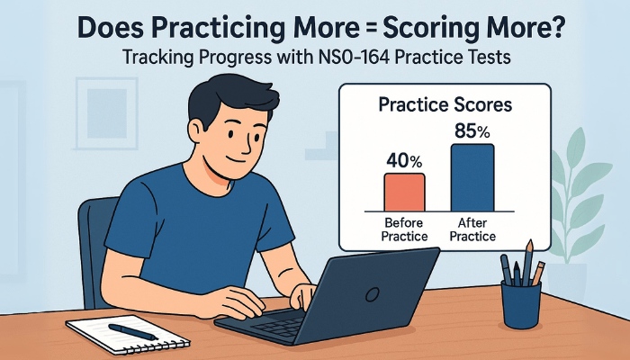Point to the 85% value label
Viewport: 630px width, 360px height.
pos(472,130)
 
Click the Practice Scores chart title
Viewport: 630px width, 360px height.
pos(446,104)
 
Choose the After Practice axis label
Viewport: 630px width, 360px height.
pos(472,229)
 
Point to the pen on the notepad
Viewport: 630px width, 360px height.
pos(133,331)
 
